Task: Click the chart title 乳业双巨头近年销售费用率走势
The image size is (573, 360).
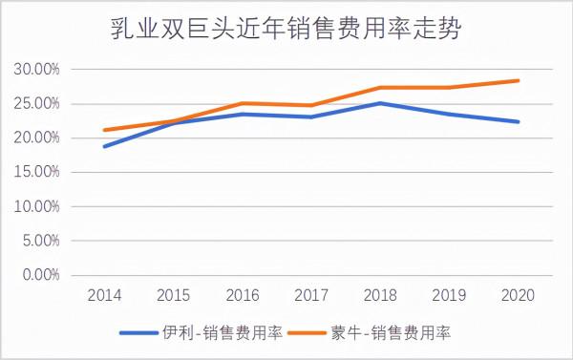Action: click(286, 30)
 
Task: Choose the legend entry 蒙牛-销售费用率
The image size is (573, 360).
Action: click(387, 332)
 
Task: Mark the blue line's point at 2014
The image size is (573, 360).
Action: click(104, 146)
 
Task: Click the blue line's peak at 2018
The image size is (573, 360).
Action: click(380, 103)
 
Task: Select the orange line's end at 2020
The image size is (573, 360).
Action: click(518, 80)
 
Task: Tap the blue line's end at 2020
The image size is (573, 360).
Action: click(518, 121)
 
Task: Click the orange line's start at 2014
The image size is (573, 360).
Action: click(104, 130)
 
